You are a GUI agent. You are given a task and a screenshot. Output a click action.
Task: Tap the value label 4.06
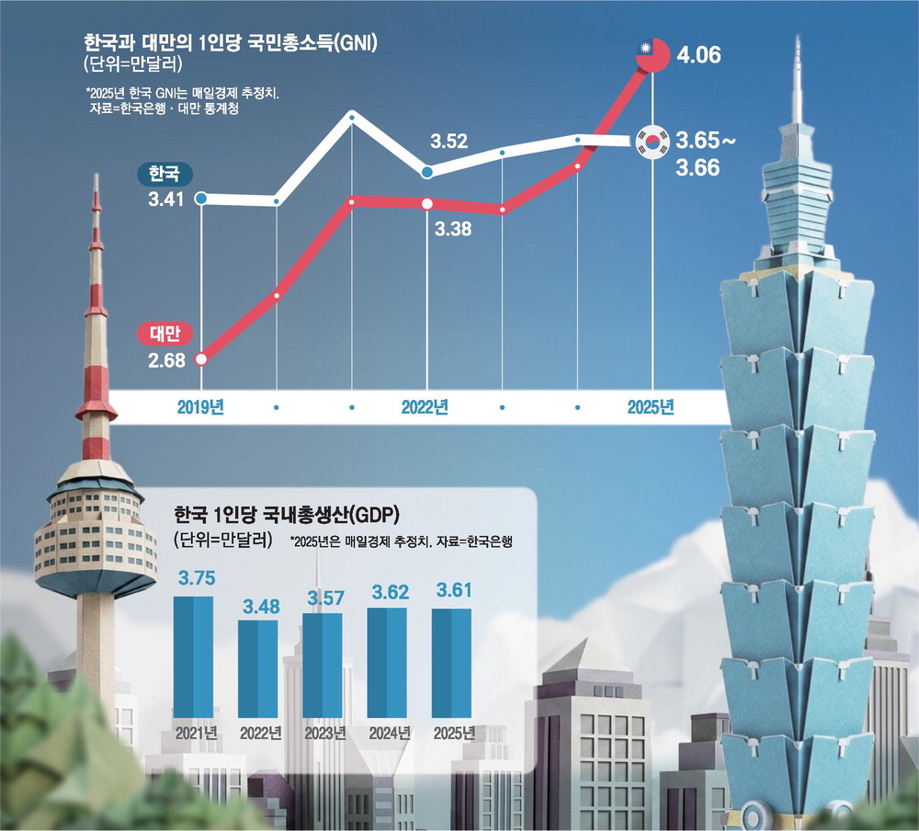tap(699, 55)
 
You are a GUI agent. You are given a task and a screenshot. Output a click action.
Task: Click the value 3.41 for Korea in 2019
tap(165, 198)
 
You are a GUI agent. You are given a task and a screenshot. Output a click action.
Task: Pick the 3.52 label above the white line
tap(449, 142)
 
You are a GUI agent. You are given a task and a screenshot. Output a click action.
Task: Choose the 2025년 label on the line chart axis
tap(652, 406)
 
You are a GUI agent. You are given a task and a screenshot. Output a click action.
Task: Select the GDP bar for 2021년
tap(193, 656)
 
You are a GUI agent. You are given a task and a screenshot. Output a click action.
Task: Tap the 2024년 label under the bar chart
tap(387, 733)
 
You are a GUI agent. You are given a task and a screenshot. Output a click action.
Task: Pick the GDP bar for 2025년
tap(451, 663)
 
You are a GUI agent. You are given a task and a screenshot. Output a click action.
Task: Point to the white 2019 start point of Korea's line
tap(201, 198)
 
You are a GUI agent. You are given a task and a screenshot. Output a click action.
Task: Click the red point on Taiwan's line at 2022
tap(427, 204)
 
